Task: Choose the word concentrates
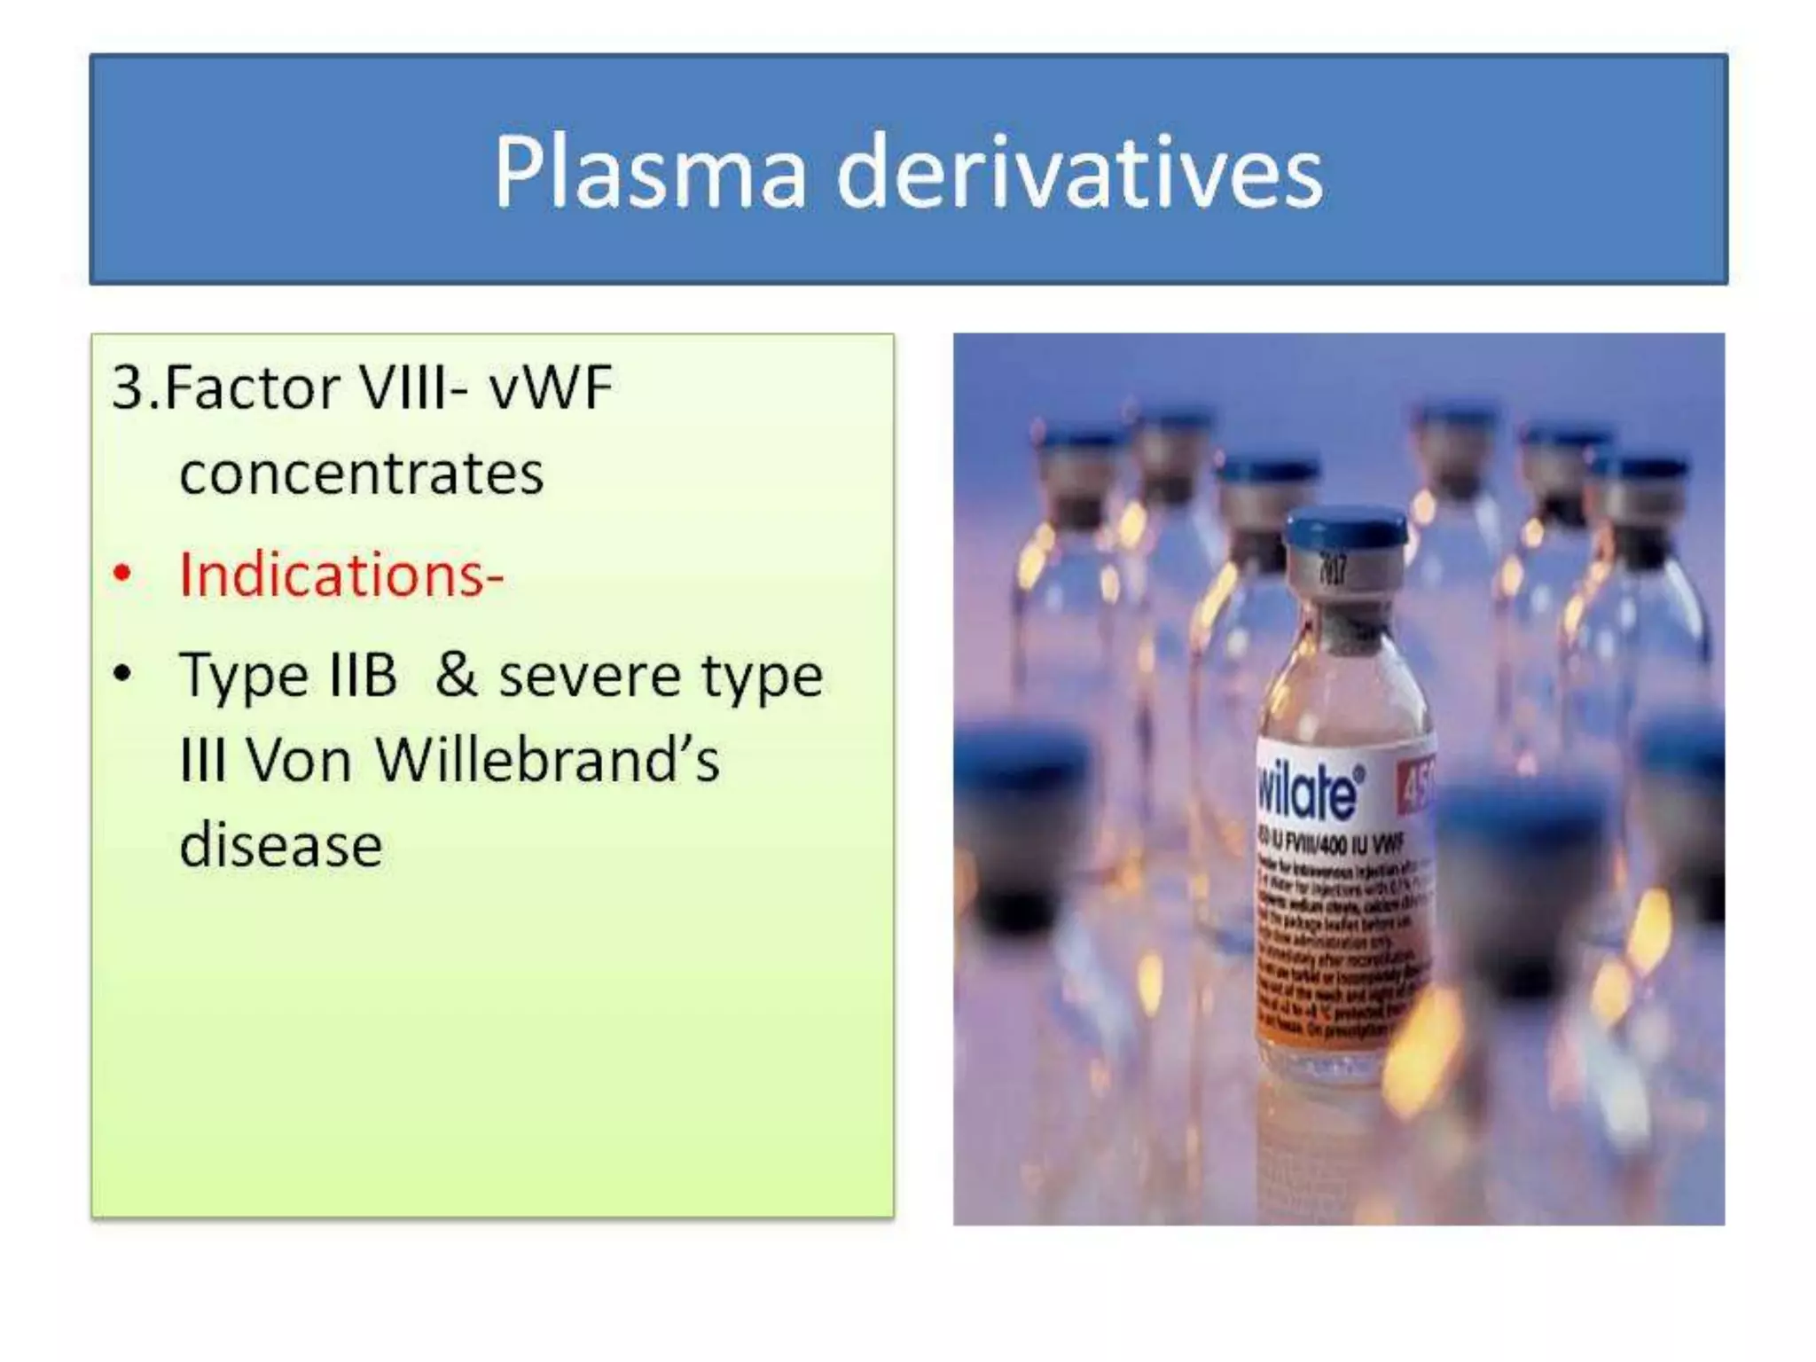tap(361, 473)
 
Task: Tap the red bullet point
tap(122, 575)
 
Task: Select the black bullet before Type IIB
tap(122, 674)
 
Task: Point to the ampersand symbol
tap(456, 675)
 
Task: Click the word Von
tap(298, 760)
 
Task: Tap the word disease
tap(280, 845)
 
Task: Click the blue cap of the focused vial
tap(1345, 527)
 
